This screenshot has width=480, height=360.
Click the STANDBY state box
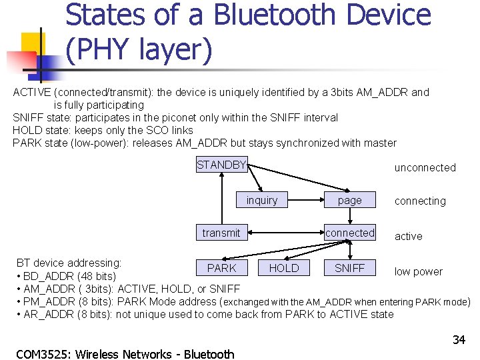click(x=222, y=165)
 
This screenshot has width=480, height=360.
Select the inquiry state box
click(x=262, y=200)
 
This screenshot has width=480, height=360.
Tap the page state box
click(x=350, y=200)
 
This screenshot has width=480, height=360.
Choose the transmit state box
click(x=221, y=233)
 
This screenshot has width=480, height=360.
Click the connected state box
click(x=350, y=233)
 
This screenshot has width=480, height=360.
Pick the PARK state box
click(x=221, y=268)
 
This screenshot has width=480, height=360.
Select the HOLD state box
click(x=284, y=268)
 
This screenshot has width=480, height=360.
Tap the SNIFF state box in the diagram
click(x=350, y=268)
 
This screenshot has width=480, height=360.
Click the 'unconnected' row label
click(x=425, y=168)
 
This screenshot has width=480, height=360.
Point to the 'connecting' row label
click(x=420, y=201)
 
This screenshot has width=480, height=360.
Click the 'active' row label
click(x=408, y=236)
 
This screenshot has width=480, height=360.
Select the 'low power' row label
click(x=418, y=271)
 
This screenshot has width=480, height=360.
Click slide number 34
click(x=459, y=340)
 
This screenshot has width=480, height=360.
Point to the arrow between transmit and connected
click(x=283, y=233)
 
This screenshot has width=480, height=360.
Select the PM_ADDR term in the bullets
click(x=49, y=301)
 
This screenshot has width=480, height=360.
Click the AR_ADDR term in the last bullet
click(x=49, y=314)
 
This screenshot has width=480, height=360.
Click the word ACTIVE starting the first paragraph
click(x=32, y=92)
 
